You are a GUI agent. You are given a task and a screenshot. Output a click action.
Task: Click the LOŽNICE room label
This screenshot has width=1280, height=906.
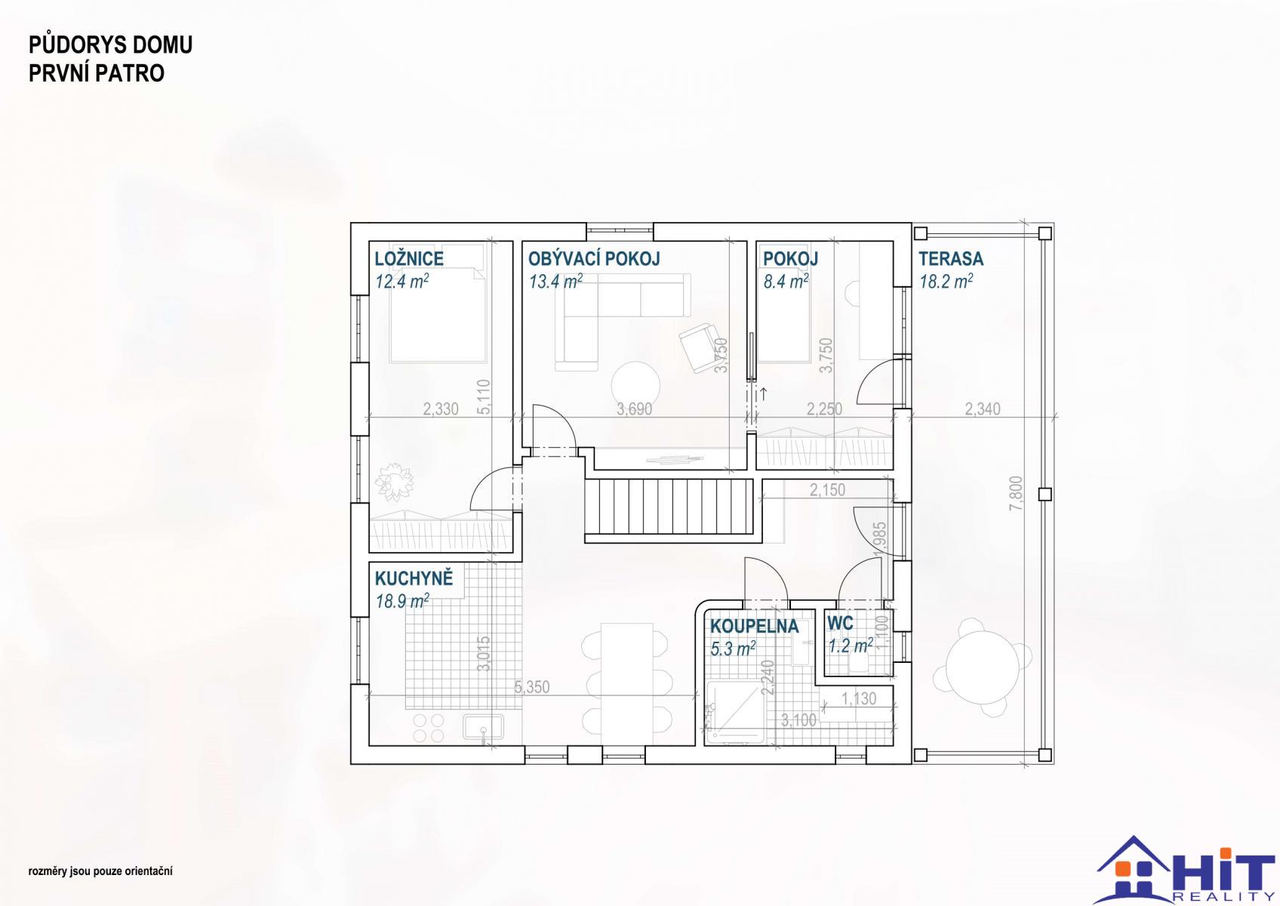[408, 258]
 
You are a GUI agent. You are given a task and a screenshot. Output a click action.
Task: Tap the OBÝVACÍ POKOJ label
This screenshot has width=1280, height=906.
[594, 258]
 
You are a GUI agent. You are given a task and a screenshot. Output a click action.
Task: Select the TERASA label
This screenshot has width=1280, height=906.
[951, 258]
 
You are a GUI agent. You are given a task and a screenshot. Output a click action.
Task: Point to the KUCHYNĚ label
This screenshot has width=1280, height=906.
[414, 578]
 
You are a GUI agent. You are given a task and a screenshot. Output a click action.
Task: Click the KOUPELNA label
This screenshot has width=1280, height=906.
[754, 626]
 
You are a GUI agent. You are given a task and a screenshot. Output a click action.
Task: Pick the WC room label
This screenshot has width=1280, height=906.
[840, 623]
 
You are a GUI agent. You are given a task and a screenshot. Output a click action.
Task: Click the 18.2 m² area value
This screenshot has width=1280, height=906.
[946, 281]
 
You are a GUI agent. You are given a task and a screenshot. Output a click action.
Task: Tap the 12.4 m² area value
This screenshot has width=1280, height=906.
[402, 281]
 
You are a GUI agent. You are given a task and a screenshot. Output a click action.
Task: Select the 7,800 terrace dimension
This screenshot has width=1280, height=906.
[1016, 493]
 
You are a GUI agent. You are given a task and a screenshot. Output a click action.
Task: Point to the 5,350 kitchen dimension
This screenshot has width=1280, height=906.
[532, 687]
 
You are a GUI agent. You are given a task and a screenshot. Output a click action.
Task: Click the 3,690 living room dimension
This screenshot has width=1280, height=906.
[634, 408]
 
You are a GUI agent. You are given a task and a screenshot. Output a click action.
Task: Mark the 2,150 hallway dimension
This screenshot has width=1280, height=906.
[827, 490]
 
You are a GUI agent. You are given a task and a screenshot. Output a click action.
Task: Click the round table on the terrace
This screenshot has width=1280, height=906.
[983, 667]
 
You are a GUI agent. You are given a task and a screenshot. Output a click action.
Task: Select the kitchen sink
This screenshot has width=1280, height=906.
[484, 728]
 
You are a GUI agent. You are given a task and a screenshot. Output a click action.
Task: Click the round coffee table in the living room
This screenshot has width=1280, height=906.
[635, 386]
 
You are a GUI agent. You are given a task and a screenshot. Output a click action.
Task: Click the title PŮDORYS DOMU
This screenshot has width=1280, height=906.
[111, 45]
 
